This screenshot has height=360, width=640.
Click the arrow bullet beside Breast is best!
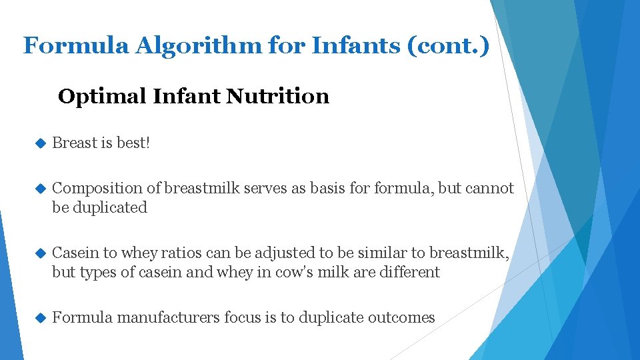point(39,143)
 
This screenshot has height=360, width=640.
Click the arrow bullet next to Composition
point(39,189)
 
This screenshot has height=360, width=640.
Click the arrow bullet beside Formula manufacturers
point(39,318)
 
